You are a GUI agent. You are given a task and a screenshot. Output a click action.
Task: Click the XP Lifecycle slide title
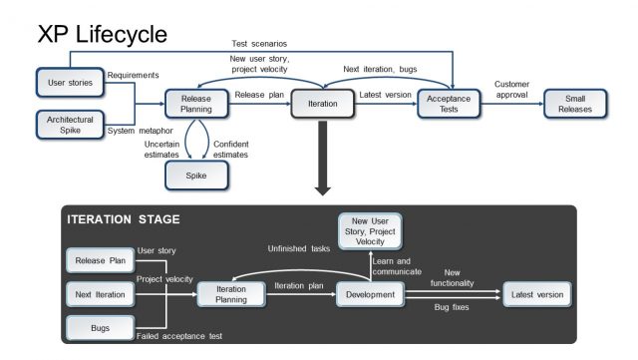[x=102, y=34]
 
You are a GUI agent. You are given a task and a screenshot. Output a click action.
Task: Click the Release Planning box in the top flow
[x=195, y=103]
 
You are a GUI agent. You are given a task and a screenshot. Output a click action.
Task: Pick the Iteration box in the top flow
[x=323, y=103]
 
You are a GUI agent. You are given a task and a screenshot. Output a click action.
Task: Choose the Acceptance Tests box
[x=450, y=103]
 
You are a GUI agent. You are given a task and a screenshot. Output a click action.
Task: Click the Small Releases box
[x=576, y=103]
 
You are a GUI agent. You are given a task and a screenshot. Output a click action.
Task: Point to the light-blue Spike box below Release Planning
[x=195, y=176]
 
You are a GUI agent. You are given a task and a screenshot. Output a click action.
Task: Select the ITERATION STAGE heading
[x=124, y=219]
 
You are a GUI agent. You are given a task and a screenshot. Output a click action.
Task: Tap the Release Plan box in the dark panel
[x=100, y=261]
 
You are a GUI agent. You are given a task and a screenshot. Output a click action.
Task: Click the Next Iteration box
[x=100, y=294]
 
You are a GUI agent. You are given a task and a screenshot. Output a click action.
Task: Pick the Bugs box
[x=100, y=326]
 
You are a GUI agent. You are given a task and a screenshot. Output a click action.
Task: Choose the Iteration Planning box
[x=232, y=294]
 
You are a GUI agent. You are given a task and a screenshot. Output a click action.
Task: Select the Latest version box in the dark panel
[x=537, y=294]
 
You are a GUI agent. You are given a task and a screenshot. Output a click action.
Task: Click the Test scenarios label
[x=261, y=45]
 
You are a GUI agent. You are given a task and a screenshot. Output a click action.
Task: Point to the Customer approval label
[x=511, y=90]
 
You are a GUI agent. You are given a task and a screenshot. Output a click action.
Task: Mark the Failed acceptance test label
[x=179, y=338]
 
